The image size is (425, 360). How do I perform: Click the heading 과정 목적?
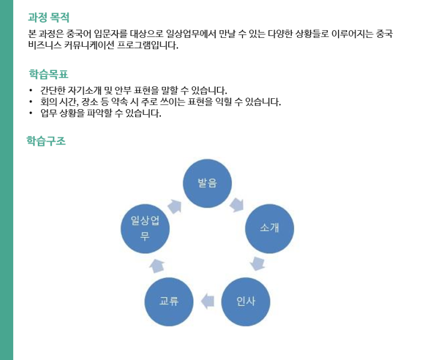(x=49, y=18)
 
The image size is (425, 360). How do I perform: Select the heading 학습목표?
(x=49, y=74)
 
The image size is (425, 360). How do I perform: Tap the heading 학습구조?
(x=46, y=141)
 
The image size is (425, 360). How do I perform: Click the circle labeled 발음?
(x=207, y=183)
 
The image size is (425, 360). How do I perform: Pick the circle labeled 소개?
(x=269, y=229)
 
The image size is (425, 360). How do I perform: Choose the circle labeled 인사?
(x=245, y=302)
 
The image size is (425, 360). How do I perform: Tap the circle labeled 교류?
(x=169, y=302)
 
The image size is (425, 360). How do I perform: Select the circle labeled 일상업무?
(x=145, y=229)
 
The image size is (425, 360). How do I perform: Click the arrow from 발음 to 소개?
(x=237, y=205)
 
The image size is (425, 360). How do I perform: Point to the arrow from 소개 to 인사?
(x=257, y=263)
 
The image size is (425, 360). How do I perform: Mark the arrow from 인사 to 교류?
(x=207, y=301)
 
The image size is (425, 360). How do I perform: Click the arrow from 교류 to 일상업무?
(x=157, y=266)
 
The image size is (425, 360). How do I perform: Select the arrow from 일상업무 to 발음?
(x=174, y=206)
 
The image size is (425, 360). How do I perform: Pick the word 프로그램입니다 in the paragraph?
(x=148, y=45)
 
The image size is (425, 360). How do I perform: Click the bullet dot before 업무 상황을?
(x=31, y=113)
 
